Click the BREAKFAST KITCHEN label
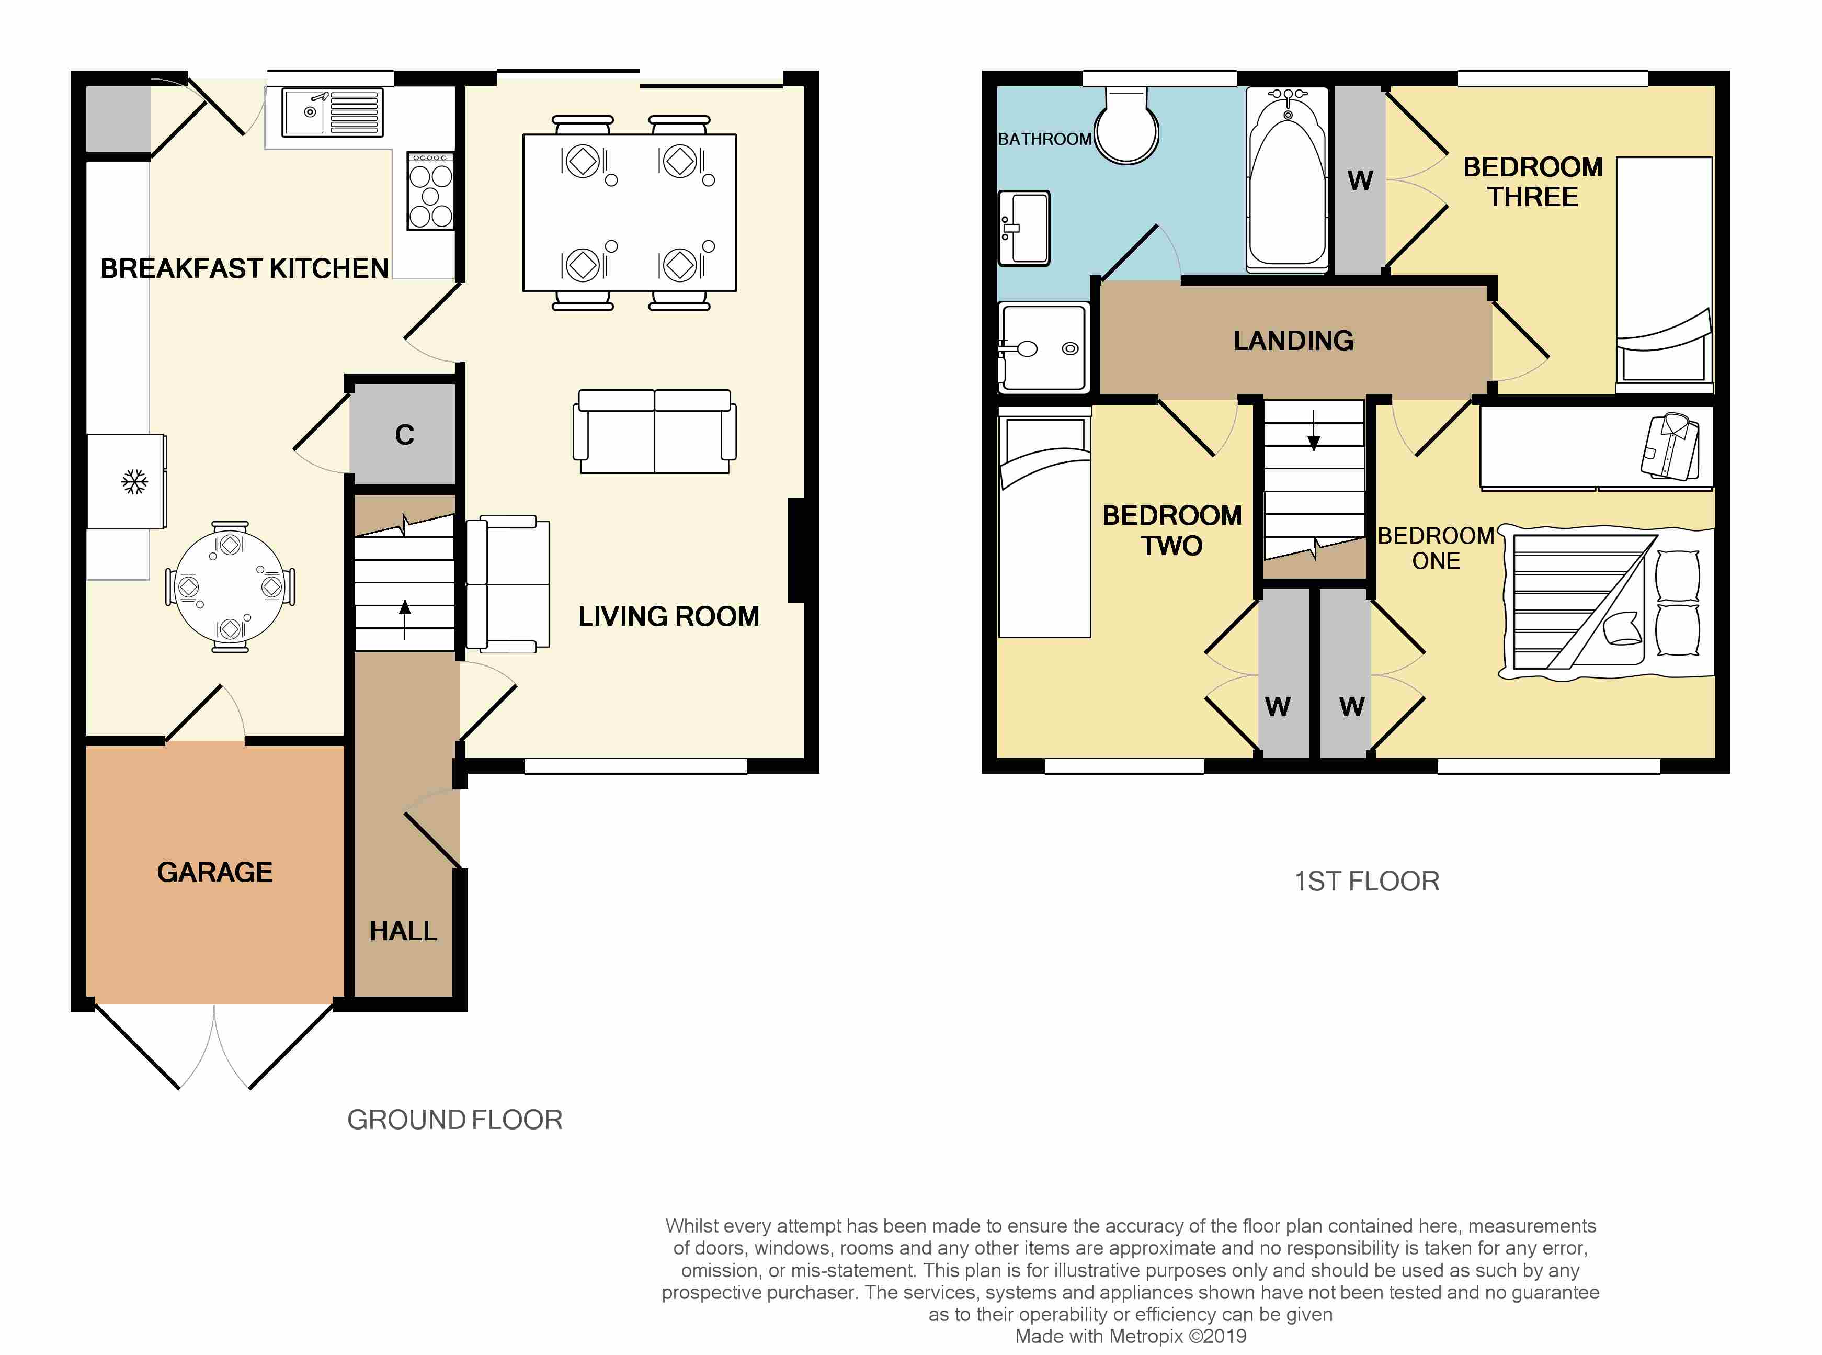[x=244, y=268]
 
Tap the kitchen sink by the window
[x=331, y=112]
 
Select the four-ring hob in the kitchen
[x=430, y=190]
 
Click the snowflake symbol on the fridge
[x=134, y=481]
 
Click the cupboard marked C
[x=404, y=435]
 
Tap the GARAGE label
[x=215, y=872]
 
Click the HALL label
[x=403, y=931]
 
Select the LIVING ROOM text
[x=668, y=616]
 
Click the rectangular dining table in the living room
[x=630, y=212]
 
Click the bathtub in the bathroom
[x=1288, y=179]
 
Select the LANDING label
[x=1293, y=341]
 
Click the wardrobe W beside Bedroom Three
[x=1360, y=180]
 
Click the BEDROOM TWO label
[x=1172, y=530]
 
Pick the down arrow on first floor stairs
[x=1314, y=431]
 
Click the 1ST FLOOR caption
[x=1367, y=881]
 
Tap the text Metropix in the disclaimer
[x=1144, y=1336]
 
